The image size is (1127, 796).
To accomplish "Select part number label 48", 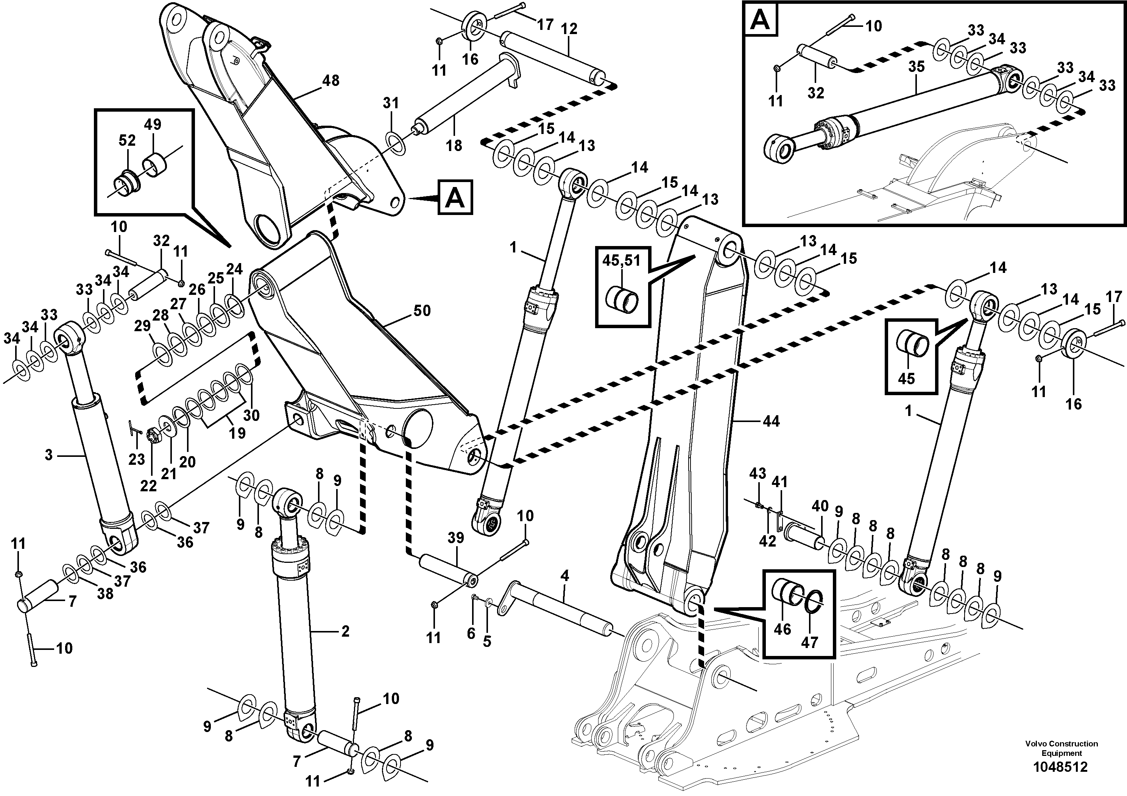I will pyautogui.click(x=330, y=81).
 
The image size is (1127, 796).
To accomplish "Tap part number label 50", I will pyautogui.click(x=422, y=311).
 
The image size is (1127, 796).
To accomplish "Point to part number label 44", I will pyautogui.click(x=771, y=421).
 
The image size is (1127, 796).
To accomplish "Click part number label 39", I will pyautogui.click(x=455, y=538).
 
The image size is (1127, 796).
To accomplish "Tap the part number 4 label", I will pyautogui.click(x=564, y=576).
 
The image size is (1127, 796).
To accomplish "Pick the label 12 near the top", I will pyautogui.click(x=569, y=29).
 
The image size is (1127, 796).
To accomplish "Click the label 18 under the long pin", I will pyautogui.click(x=454, y=145).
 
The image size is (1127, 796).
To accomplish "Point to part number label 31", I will pyautogui.click(x=391, y=103).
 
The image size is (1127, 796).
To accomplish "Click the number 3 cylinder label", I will pyautogui.click(x=48, y=455).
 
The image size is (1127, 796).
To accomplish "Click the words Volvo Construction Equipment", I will pyautogui.click(x=1061, y=748).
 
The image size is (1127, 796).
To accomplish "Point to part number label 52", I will pyautogui.click(x=127, y=140).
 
